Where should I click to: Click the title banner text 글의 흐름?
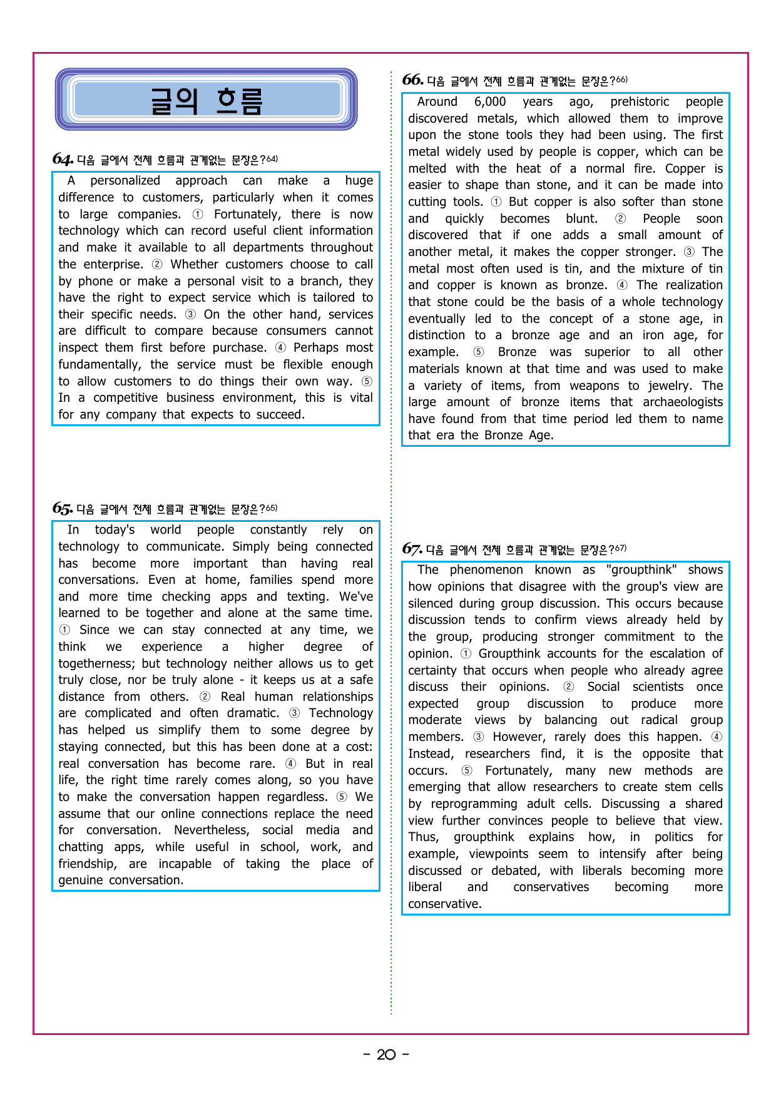(207, 100)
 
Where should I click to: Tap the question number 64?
(62, 159)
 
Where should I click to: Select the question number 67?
(412, 549)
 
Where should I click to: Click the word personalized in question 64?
(125, 181)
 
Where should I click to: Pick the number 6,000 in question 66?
(490, 102)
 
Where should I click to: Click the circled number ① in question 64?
(198, 215)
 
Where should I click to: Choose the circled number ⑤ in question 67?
(467, 771)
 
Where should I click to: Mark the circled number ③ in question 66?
(689, 252)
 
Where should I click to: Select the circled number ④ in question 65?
(291, 764)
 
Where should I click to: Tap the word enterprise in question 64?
(113, 265)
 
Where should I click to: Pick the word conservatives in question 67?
(551, 887)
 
